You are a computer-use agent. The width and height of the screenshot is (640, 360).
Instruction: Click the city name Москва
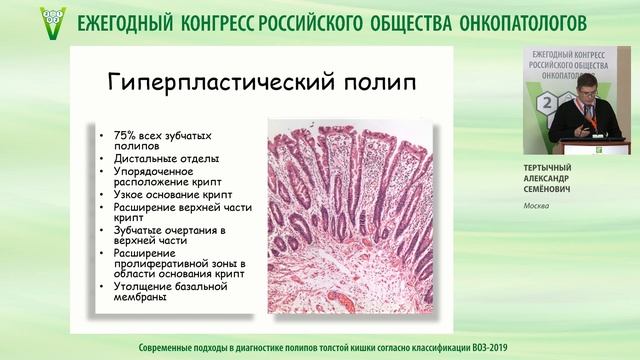(x=537, y=207)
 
